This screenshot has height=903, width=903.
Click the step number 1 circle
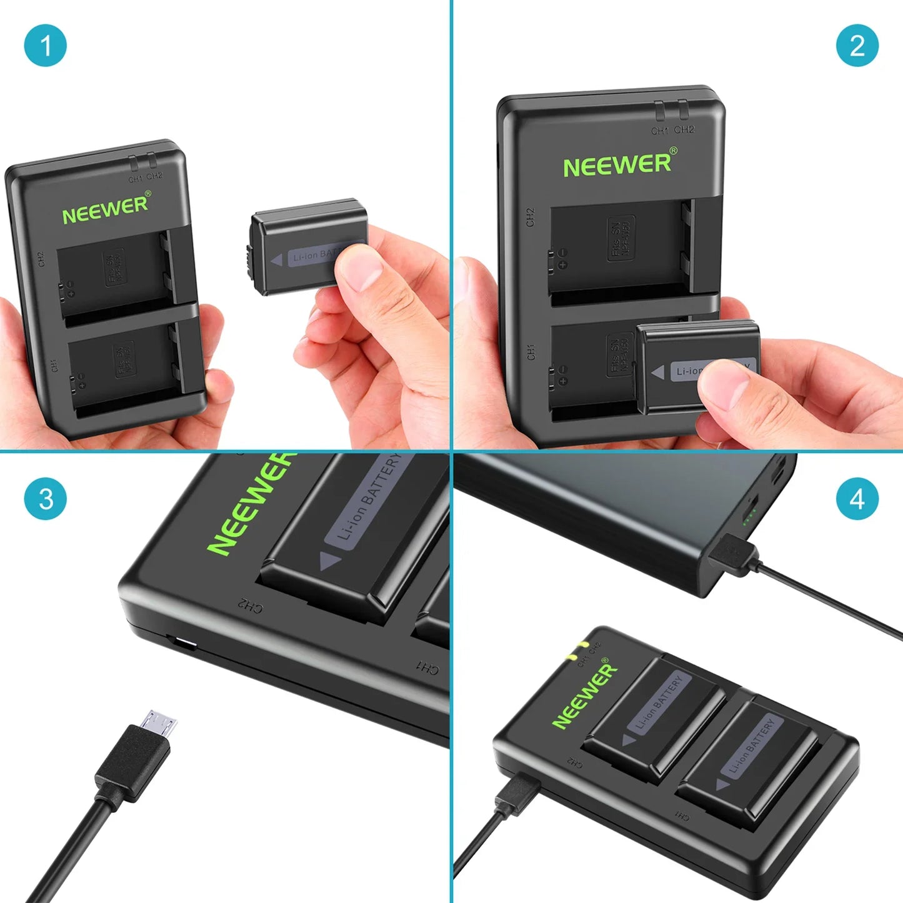[x=45, y=45]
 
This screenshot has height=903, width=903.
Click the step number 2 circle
[x=857, y=45]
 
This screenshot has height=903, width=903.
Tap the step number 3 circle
[x=45, y=499]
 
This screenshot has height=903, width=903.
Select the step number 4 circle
[x=857, y=499]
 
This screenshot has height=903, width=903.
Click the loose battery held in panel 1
[x=306, y=247]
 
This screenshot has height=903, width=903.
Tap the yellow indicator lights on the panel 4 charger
[x=577, y=651]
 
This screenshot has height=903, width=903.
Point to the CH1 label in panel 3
[x=427, y=668]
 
